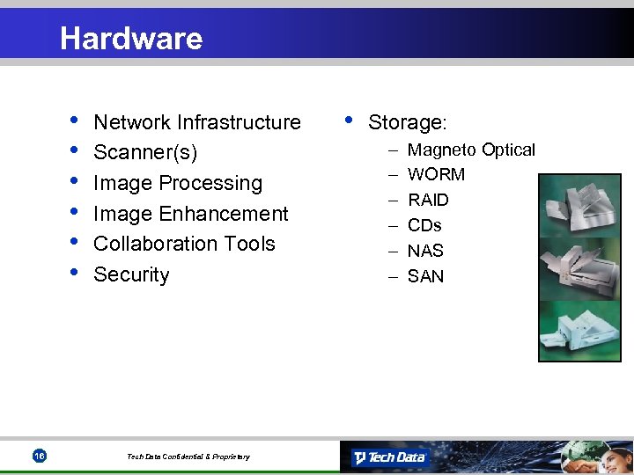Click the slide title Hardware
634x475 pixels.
[x=131, y=38]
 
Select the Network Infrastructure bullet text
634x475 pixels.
[x=196, y=122]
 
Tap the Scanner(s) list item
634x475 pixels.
[x=144, y=153]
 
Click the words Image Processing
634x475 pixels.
[x=177, y=183]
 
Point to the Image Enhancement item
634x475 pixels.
[x=190, y=214]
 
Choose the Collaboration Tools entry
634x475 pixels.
[x=184, y=244]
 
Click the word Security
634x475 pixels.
[x=131, y=274]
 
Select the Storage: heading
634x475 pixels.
[x=407, y=122]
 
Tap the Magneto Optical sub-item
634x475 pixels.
[x=471, y=150]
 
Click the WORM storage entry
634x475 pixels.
[x=436, y=175]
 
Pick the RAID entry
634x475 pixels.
[x=428, y=201]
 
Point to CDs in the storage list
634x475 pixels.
[x=424, y=225]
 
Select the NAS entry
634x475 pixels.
[x=425, y=251]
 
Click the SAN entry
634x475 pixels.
[x=425, y=276]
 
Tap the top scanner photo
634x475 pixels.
[x=572, y=207]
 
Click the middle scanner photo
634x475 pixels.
[x=572, y=268]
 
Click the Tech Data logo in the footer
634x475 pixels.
[x=389, y=457]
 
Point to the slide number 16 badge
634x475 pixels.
[x=39, y=456]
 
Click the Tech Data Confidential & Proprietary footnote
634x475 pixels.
[x=188, y=457]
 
